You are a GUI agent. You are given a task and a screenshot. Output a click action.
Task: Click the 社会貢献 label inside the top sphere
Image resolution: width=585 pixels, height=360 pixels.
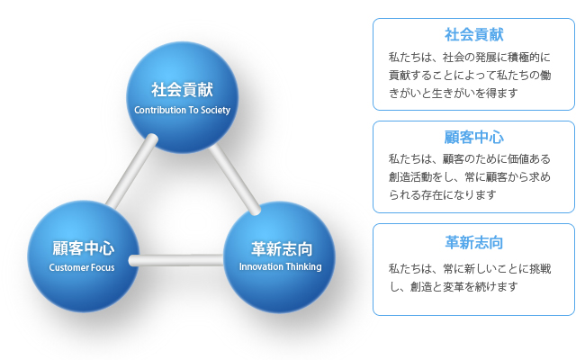point(182,90)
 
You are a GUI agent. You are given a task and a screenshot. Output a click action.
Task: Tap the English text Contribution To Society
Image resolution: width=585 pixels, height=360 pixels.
point(182,110)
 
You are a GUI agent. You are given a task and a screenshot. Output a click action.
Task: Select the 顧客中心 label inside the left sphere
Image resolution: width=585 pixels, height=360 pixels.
point(83,248)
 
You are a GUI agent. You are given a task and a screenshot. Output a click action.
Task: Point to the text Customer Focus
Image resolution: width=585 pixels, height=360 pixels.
point(82,267)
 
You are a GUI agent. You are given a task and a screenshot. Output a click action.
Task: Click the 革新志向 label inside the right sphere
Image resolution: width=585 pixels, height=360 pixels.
point(282,248)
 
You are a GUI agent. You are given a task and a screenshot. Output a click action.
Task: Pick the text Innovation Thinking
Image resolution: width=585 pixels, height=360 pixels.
point(280,266)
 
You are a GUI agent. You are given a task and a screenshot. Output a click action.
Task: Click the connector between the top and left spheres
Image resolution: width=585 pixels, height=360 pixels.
point(132,171)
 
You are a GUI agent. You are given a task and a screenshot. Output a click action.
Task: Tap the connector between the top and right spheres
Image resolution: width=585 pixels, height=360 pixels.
point(235,179)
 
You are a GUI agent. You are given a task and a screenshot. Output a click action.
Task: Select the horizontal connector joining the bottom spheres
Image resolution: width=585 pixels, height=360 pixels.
point(176,260)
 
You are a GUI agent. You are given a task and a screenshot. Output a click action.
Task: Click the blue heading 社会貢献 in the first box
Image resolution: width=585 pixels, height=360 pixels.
point(473,35)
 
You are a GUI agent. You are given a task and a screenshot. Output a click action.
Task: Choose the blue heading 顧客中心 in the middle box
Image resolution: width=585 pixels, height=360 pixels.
point(473,138)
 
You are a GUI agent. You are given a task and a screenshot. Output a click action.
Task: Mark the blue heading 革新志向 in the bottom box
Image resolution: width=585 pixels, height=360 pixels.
point(473,242)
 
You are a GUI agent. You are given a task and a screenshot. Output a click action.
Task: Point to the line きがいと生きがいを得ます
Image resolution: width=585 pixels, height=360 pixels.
point(454,93)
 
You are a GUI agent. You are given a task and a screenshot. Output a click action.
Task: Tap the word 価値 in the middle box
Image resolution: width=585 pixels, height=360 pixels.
point(518,159)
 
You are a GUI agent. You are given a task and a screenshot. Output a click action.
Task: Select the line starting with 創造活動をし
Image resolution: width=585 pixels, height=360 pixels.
point(470,176)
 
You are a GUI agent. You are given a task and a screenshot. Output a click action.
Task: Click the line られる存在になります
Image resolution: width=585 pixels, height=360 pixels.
point(443,194)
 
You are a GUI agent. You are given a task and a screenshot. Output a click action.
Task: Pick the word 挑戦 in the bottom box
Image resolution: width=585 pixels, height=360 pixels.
point(540,268)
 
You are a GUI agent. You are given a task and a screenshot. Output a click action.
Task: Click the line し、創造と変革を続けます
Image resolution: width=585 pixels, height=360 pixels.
point(454,286)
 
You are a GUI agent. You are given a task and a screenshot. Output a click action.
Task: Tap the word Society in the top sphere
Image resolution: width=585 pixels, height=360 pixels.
point(216,111)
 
